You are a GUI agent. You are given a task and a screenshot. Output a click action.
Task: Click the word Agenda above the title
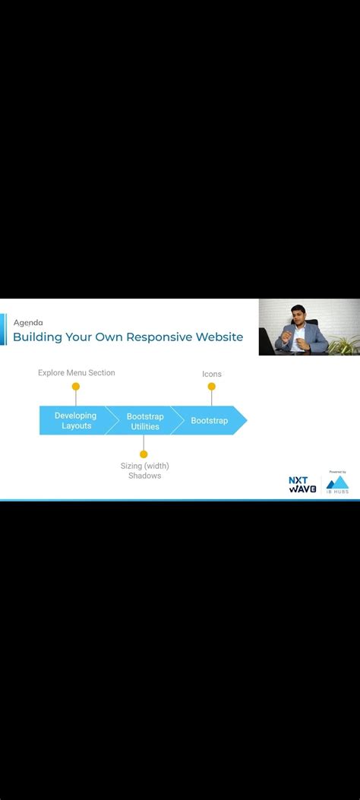[x=28, y=322]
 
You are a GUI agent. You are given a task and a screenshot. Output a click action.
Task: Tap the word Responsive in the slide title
[x=159, y=337]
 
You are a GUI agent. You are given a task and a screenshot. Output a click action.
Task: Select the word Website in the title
[x=219, y=337]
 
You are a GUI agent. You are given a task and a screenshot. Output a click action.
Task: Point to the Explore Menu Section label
[x=77, y=373]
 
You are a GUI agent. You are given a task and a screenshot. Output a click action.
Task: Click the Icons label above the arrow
[x=212, y=374]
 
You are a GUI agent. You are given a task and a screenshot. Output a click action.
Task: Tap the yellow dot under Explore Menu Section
[x=75, y=387]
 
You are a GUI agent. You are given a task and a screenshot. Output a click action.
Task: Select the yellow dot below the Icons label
[x=212, y=387]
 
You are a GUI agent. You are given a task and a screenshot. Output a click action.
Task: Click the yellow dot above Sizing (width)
[x=144, y=454]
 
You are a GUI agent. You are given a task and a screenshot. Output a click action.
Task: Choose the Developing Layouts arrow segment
[x=75, y=421]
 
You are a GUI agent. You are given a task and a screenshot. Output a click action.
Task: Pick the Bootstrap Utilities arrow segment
[x=144, y=422]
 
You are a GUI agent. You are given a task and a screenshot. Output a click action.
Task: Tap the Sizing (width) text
[x=144, y=466]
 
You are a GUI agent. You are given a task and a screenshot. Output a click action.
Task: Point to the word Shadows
[x=144, y=476]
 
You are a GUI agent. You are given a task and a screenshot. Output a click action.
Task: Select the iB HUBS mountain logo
[x=337, y=484]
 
